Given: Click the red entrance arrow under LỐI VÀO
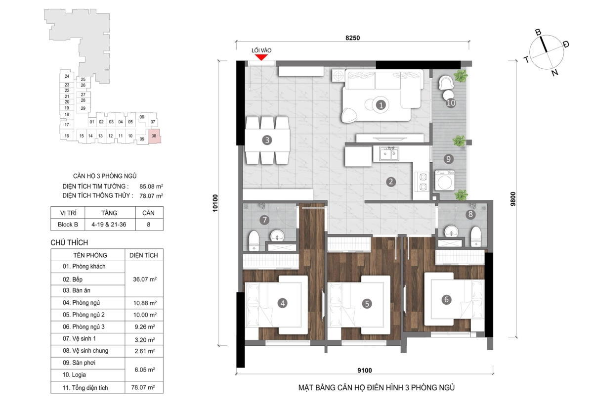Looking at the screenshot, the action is coord(261,57).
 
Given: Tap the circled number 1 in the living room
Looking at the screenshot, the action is coord(381,105).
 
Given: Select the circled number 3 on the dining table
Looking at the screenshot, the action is coord(267,140).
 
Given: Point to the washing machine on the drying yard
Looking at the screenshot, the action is coord(445,181).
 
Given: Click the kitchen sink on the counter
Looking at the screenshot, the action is coord(389,154).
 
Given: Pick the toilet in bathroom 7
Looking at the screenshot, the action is coord(254,240).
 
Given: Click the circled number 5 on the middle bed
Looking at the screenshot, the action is coord(367,303).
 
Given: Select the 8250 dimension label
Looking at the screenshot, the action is coord(353,38).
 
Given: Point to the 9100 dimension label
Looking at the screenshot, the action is coord(365,370).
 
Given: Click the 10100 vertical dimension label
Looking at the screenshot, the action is coord(215,203).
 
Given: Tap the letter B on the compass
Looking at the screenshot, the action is coord(538,32).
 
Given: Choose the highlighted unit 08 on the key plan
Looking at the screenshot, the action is coord(154,136).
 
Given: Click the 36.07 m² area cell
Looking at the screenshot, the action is coord(144,279).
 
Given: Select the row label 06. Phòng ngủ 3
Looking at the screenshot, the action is coord(84,327).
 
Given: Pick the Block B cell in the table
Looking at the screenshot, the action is coord(68,225).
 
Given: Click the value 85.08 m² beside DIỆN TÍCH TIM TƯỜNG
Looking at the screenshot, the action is coord(151,186).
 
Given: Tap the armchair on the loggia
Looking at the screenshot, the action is coord(446,83).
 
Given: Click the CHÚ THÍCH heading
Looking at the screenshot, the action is coord(69,242).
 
